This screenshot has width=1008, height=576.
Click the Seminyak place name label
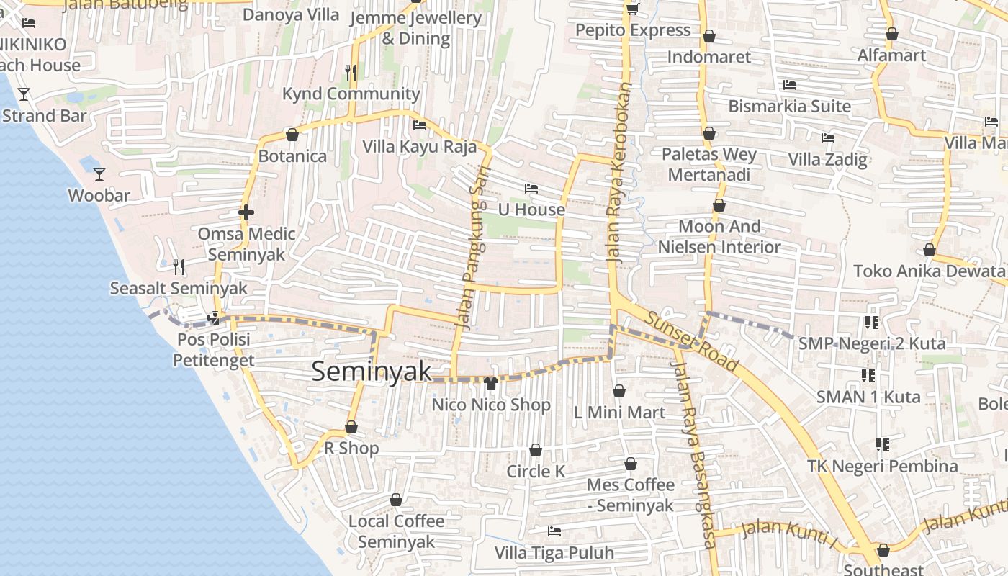[372, 371]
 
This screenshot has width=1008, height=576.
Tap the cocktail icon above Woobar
[99, 174]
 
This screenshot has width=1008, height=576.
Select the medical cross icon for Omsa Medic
[246, 212]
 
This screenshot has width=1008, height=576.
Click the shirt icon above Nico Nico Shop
[491, 383]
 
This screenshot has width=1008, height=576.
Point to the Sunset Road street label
[691, 341]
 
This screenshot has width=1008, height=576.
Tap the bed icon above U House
[531, 189]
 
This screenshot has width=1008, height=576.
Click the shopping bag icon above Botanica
[292, 135]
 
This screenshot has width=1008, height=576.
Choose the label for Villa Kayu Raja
[419, 147]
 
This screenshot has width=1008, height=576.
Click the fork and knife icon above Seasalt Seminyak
[179, 267]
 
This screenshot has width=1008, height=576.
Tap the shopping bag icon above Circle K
[536, 450]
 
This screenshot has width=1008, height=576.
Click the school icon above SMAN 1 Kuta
[869, 375]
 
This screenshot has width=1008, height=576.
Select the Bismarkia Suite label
[789, 107]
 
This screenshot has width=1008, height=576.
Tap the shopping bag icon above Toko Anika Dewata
[930, 250]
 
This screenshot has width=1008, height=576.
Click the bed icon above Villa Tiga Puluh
[554, 531]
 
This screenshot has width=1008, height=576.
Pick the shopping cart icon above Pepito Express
[633, 9]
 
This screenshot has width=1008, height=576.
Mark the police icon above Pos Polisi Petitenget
[214, 318]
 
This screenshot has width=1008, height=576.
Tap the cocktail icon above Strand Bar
[24, 94]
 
